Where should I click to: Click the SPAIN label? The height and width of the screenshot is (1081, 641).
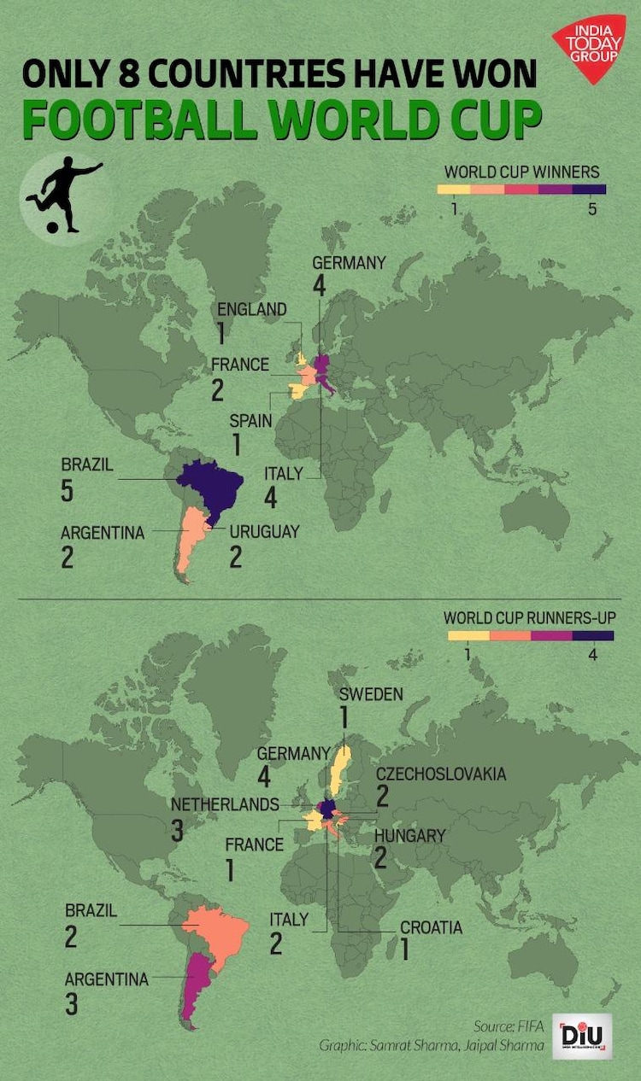click(x=250, y=420)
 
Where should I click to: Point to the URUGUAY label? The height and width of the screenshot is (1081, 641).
click(x=264, y=531)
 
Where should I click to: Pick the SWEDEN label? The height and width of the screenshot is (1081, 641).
click(x=370, y=693)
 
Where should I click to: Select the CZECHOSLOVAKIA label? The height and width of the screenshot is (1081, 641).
click(x=441, y=774)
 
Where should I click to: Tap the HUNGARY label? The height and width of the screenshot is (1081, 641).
click(x=410, y=835)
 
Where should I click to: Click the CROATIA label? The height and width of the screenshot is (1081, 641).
click(x=431, y=927)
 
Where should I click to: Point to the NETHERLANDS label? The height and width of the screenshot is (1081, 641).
click(x=225, y=804)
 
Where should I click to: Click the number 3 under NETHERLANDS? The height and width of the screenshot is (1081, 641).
click(x=178, y=831)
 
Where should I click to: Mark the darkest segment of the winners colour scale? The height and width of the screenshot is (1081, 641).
click(x=589, y=190)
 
